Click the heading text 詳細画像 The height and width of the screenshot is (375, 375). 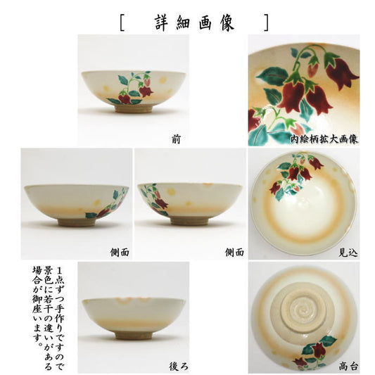tap(194, 23)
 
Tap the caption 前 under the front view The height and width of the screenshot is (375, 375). tap(177, 139)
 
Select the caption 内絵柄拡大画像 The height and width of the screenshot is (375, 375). tap(324, 139)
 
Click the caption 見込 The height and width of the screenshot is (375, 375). tap(348, 253)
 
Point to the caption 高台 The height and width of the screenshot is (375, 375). tap(348, 366)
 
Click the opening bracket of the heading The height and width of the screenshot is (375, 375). tap(122, 23)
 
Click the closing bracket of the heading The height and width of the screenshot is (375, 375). tap(267, 23)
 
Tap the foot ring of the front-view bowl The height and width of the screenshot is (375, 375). tap(134, 109)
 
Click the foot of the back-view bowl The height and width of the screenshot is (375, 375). tap(134, 336)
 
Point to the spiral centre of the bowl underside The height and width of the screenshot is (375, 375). tap(304, 310)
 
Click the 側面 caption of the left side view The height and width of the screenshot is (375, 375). tap(120, 253)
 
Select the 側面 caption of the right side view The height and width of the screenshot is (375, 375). tap(234, 253)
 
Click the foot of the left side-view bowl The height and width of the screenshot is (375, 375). tap(77, 222)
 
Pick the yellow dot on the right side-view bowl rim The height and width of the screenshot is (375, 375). tap(172, 191)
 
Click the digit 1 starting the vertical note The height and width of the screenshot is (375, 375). tap(60, 271)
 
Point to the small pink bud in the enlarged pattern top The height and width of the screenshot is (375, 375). tap(313, 69)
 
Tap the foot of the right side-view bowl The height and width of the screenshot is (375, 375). tap(190, 221)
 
